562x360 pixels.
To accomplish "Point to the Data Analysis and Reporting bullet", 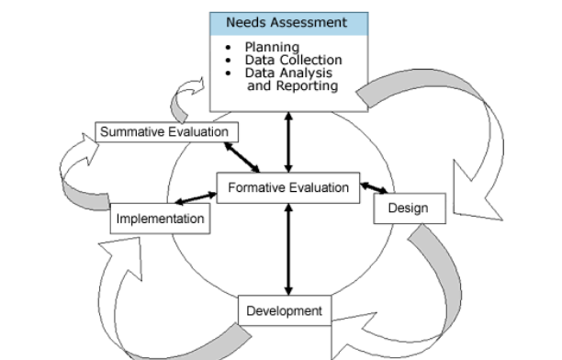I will click(290, 79).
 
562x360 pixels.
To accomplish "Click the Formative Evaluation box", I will click(289, 187).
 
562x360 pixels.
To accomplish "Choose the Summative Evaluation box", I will click(163, 132).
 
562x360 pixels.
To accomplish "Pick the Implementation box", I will click(160, 219).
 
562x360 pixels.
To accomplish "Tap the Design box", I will click(409, 208).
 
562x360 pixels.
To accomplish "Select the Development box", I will click(285, 310).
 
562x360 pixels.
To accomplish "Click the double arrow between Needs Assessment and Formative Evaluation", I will click(289, 142).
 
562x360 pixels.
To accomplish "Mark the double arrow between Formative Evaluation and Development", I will click(289, 248).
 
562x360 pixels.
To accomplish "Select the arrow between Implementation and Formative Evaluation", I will click(196, 198).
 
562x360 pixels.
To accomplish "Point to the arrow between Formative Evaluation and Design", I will click(374, 189).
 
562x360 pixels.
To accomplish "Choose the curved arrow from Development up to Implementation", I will click(138, 294).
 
